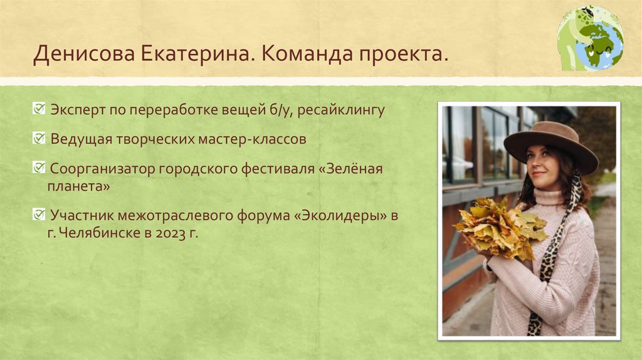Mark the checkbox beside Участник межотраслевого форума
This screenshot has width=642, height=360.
click(x=38, y=214)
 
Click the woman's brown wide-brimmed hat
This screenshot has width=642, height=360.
click(x=550, y=142)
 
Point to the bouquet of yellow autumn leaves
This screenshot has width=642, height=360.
click(x=498, y=227)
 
